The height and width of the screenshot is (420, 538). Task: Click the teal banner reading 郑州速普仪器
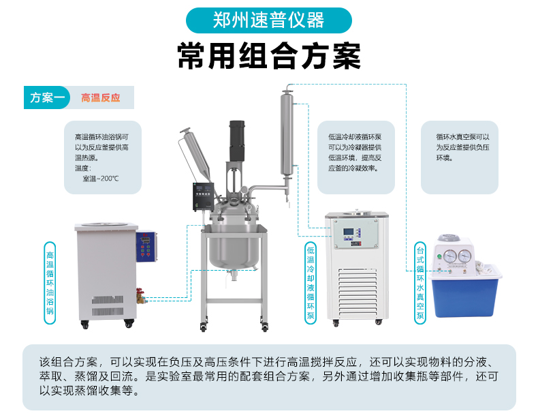point(268,20)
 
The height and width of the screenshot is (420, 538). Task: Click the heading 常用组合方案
point(269,56)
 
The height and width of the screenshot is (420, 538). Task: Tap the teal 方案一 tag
point(47,97)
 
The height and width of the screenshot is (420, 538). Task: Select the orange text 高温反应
point(101,98)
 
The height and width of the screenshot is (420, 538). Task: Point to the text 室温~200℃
point(101,179)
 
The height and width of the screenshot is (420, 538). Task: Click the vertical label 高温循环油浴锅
point(50,283)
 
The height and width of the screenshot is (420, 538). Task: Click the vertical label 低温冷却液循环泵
point(311,283)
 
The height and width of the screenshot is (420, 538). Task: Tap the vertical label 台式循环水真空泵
point(420,283)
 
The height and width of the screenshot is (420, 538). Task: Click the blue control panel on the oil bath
point(146,247)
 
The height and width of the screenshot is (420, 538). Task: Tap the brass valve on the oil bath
point(141,296)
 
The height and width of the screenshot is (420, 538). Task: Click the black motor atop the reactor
point(237,141)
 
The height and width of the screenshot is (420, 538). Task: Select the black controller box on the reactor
point(204,196)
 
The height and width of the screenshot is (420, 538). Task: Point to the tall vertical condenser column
point(287,133)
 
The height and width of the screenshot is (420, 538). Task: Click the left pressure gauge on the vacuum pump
point(450,256)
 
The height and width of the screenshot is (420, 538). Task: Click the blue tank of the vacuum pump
point(465,295)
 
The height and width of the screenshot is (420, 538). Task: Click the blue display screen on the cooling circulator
point(349,232)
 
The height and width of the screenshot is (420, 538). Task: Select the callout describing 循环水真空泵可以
point(460,157)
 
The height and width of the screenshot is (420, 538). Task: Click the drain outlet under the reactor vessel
point(234,275)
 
